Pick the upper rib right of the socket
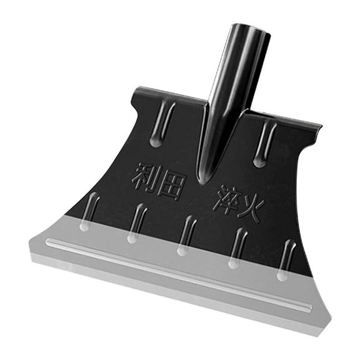265,143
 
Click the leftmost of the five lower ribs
88,211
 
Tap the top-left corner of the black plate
135,90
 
